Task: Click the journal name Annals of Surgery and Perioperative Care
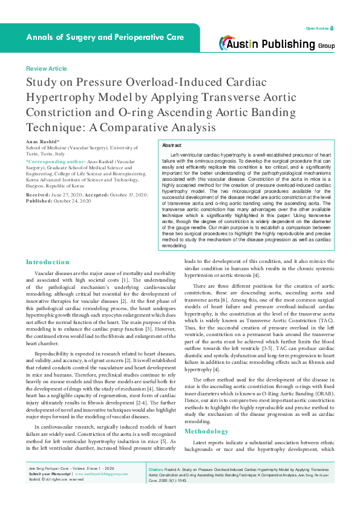coord(105,37)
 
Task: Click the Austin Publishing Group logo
coord(278,43)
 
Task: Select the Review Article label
coord(46,69)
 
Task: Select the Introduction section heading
coord(47,262)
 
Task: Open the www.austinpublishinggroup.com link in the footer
coord(101,491)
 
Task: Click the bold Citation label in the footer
coord(157,486)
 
